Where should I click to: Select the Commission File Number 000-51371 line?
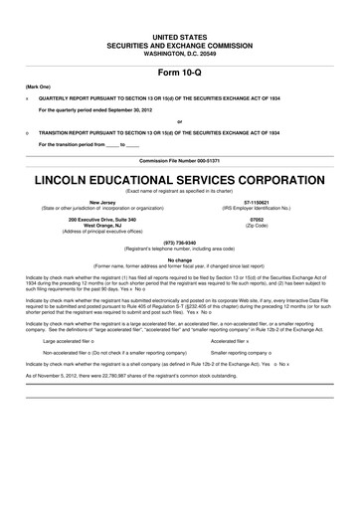[180, 159]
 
